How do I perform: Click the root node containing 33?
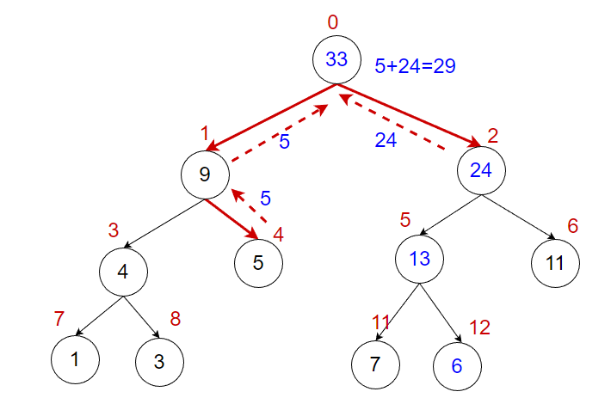[336, 60]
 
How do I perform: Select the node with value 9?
[205, 174]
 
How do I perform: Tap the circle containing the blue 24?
[480, 169]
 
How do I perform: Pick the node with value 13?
[419, 259]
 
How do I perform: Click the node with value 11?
[555, 263]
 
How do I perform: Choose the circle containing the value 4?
[123, 272]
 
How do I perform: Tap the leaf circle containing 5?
[258, 263]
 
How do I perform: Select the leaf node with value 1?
[75, 360]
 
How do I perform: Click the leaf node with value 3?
[158, 361]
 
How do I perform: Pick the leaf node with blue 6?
[456, 364]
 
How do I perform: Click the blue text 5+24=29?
[415, 65]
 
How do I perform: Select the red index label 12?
[478, 327]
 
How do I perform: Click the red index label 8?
[175, 319]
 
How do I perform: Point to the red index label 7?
[59, 319]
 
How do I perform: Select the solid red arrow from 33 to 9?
[271, 117]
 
